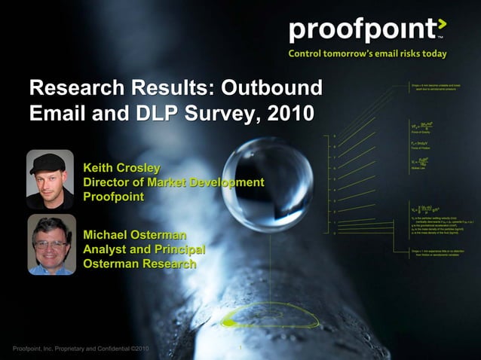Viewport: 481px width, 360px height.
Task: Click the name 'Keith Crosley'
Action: pyautogui.click(x=122, y=167)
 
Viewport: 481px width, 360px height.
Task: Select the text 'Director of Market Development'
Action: pyautogui.click(x=173, y=182)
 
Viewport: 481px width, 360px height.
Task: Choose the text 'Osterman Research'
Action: pyautogui.click(x=139, y=264)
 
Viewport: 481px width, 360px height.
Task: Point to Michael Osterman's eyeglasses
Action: pyautogui.click(x=51, y=245)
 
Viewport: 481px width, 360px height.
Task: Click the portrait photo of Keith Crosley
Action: pyautogui.click(x=50, y=179)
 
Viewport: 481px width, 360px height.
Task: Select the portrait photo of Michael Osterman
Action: pyautogui.click(x=51, y=245)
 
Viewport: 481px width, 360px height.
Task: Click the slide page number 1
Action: pyautogui.click(x=240, y=348)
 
